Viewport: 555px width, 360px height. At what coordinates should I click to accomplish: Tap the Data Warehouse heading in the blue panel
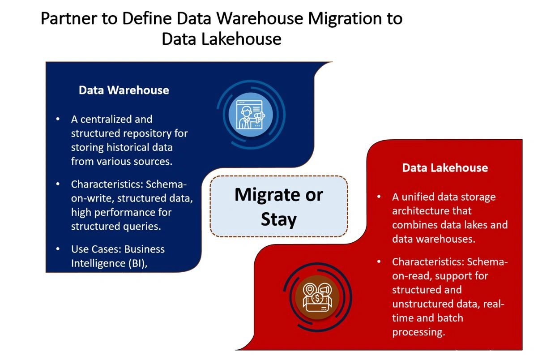pyautogui.click(x=124, y=90)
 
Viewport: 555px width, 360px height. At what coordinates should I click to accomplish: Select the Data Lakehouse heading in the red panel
pyautogui.click(x=445, y=168)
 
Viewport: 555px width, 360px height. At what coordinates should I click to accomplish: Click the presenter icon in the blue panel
pyautogui.click(x=251, y=114)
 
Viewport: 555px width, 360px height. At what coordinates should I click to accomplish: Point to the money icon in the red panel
pyautogui.click(x=317, y=297)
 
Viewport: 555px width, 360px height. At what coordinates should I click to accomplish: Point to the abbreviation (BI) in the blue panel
pyautogui.click(x=137, y=263)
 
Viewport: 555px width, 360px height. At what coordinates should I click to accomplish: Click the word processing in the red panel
pyautogui.click(x=418, y=332)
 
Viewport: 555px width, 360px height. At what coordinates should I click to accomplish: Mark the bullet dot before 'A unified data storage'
pyautogui.click(x=379, y=197)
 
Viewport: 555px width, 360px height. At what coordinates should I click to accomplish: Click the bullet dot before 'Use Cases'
pyautogui.click(x=58, y=249)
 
